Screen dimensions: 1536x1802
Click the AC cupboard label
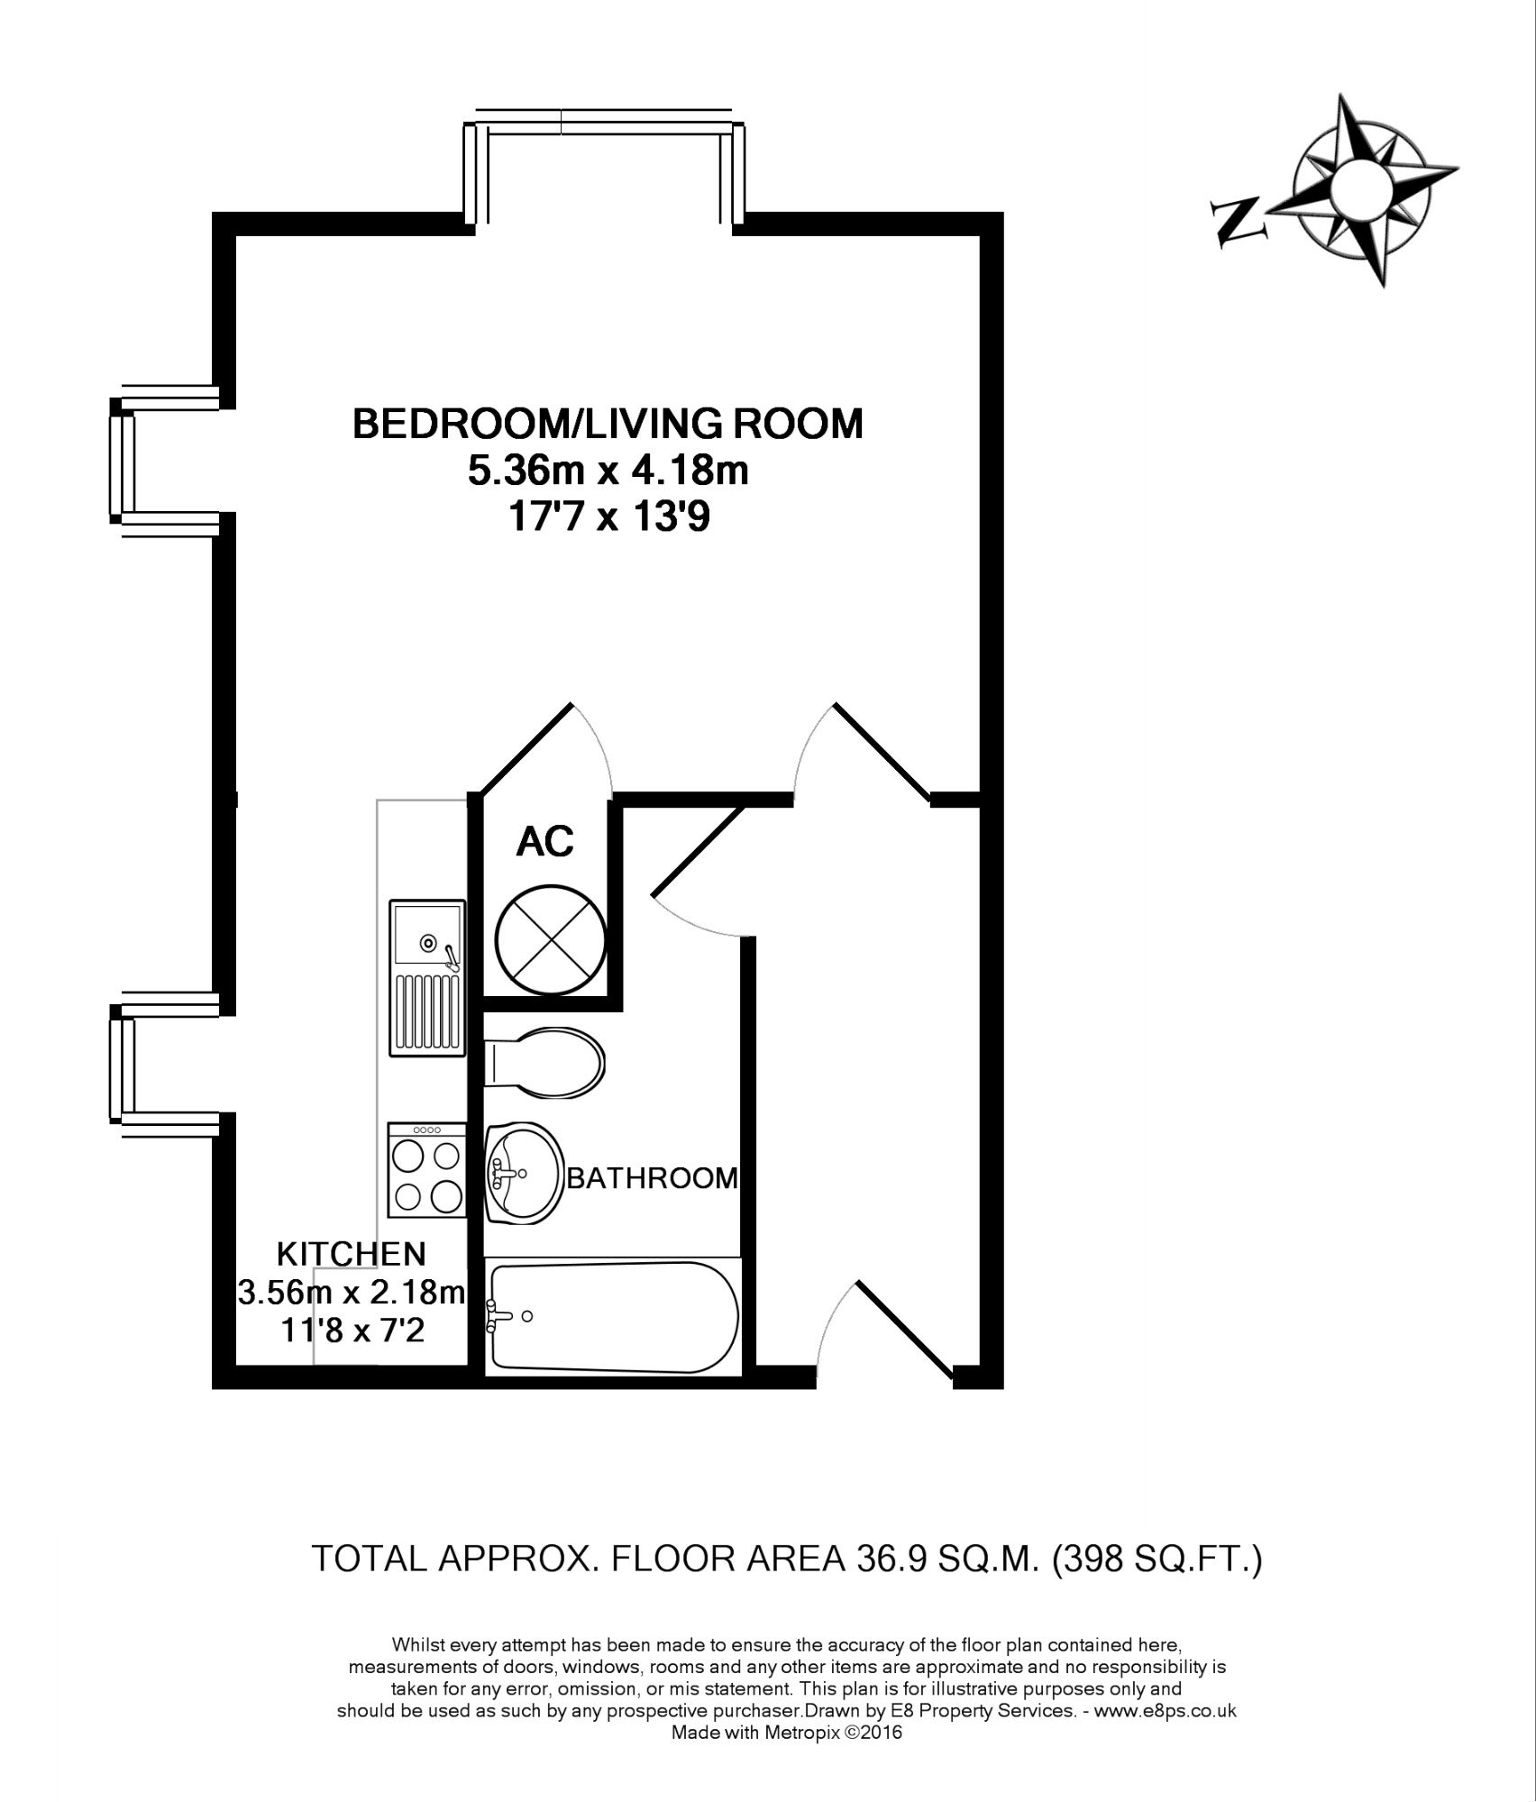point(545,841)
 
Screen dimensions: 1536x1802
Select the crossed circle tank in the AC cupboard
point(550,938)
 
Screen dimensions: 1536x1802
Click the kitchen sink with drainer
point(427,977)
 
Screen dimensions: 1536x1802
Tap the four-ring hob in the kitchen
point(427,1169)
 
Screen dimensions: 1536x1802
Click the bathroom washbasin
point(524,1173)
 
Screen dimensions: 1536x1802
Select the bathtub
point(613,1318)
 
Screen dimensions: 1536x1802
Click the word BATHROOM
point(652,1178)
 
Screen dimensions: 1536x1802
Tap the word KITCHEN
point(351,1253)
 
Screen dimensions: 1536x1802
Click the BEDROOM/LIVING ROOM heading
point(608,424)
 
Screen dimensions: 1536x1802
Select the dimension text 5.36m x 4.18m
point(608,471)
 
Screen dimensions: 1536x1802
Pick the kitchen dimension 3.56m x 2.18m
point(351,1293)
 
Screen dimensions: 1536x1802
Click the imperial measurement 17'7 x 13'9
point(609,518)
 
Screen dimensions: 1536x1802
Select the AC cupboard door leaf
point(526,750)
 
